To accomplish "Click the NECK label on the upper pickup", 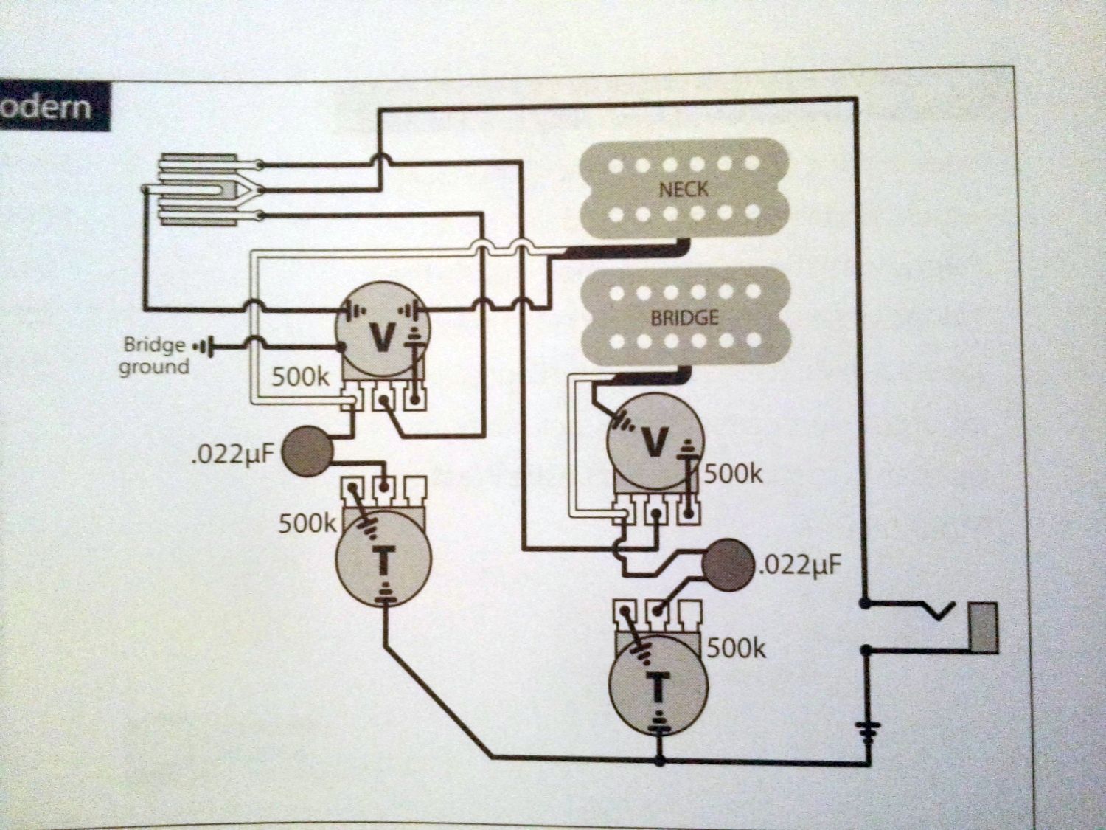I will (x=683, y=189).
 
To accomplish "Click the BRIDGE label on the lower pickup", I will (x=684, y=318).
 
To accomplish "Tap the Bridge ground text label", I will (x=155, y=356).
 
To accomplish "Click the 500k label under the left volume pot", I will (x=300, y=377).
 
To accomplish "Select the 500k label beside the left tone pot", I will (x=307, y=524).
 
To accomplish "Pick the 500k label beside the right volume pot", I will (x=734, y=474).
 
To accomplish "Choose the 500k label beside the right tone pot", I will (x=737, y=649).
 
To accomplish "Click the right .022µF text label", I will (x=799, y=567).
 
